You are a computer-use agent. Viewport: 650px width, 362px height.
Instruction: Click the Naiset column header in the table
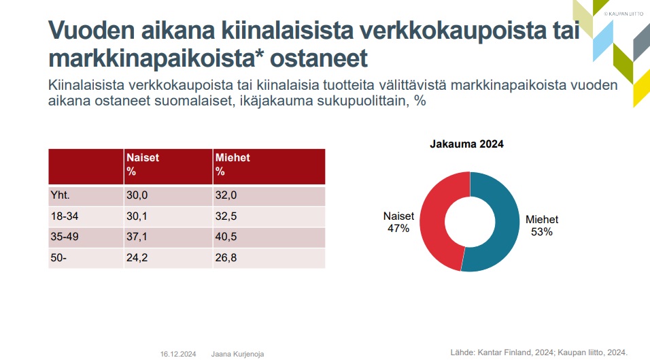(143, 165)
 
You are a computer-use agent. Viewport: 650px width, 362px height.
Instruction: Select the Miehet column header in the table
(233, 165)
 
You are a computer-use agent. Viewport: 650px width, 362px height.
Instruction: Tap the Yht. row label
(61, 196)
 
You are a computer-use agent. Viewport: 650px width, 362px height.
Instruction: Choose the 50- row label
(58, 258)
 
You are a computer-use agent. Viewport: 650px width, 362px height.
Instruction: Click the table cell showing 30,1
(138, 217)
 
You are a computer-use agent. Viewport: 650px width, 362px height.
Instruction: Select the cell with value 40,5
(227, 237)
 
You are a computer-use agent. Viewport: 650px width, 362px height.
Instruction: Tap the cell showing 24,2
(138, 258)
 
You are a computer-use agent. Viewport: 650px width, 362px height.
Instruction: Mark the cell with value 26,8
(227, 258)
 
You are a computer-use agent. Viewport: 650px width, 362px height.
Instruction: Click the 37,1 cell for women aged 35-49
(138, 237)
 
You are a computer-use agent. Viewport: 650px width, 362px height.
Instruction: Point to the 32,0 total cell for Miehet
(227, 196)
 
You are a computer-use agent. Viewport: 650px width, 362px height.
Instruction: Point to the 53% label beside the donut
(542, 232)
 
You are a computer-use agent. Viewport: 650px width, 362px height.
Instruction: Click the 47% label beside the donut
(398, 229)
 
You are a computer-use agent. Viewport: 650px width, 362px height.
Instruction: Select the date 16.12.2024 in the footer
(178, 354)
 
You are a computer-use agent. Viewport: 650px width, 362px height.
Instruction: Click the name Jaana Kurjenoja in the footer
(237, 354)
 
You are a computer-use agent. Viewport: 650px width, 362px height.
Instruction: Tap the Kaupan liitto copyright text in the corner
(623, 13)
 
